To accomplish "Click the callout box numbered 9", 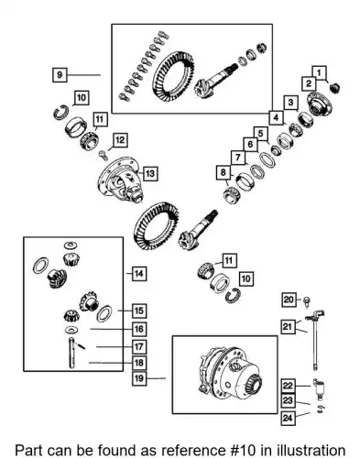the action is [x=60, y=74].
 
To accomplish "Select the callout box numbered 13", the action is [x=150, y=173].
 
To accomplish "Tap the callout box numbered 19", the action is [x=139, y=378].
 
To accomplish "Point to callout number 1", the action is [x=319, y=73].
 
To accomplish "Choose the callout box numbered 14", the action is [x=139, y=274].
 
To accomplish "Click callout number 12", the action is [x=120, y=140].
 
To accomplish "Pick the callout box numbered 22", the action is [x=288, y=386].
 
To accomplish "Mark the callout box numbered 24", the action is [x=288, y=418].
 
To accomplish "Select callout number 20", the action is [x=289, y=300].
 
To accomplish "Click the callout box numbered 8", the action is [x=224, y=172].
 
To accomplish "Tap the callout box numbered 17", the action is [x=139, y=346].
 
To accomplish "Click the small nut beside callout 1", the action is [x=335, y=88].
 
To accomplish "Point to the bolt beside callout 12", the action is [x=103, y=155].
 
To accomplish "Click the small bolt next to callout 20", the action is [x=306, y=300].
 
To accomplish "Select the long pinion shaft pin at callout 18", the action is [x=71, y=353].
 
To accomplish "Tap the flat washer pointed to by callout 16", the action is [x=71, y=330].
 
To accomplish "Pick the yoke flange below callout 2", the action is [x=319, y=104].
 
